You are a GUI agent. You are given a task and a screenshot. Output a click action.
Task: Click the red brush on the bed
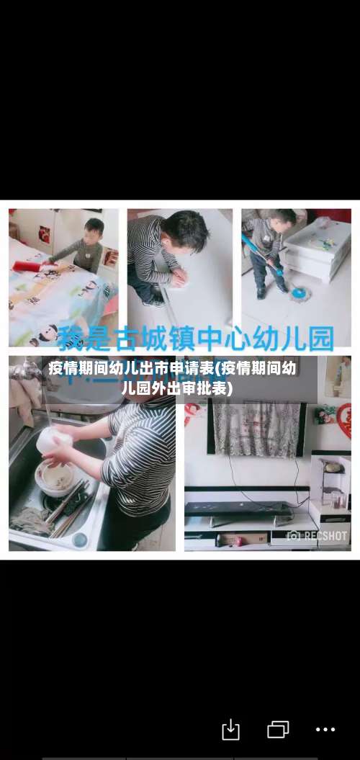point(27,267)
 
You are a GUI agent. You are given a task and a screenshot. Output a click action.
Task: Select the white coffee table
point(316,249)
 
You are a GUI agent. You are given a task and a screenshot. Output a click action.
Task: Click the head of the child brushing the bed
point(94,229)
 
